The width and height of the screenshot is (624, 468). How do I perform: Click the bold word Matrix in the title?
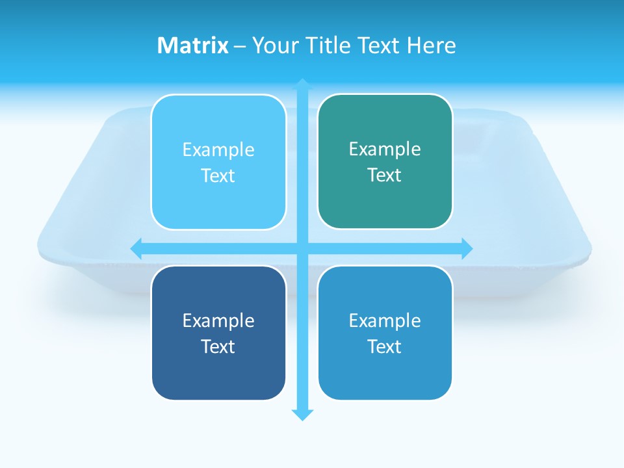[193, 45]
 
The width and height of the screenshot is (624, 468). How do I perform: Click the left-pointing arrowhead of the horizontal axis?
[136, 248]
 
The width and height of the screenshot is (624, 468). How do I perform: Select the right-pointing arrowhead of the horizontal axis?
[467, 248]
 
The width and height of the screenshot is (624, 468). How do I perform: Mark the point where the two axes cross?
[302, 248]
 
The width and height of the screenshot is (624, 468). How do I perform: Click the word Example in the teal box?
[385, 149]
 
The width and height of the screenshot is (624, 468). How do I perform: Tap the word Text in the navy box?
[218, 346]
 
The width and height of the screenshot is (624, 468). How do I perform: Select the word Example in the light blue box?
[218, 149]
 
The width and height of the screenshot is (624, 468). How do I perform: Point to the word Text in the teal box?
[385, 175]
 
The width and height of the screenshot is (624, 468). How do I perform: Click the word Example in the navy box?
[218, 320]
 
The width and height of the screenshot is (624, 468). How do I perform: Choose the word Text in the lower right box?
[385, 346]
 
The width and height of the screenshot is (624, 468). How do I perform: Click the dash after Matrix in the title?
[240, 46]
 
